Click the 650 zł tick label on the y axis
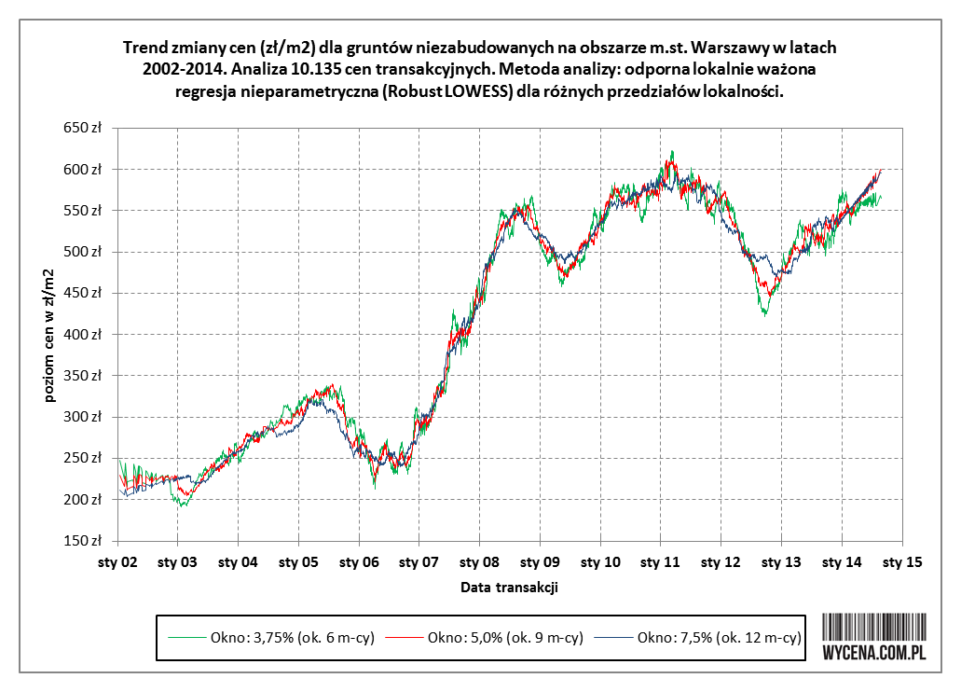[x=83, y=128]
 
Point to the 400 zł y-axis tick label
[x=83, y=334]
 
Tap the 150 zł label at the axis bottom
[x=83, y=540]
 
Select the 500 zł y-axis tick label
[x=83, y=252]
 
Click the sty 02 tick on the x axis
[x=118, y=562]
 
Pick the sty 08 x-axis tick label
[x=479, y=562]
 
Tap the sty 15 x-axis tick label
[x=901, y=562]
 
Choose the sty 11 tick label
[x=660, y=562]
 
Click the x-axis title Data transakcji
[x=509, y=588]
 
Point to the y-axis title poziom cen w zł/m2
[x=48, y=334]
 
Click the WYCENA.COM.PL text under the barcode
[x=874, y=653]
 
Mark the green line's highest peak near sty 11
[x=671, y=151]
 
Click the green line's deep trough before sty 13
[x=764, y=315]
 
